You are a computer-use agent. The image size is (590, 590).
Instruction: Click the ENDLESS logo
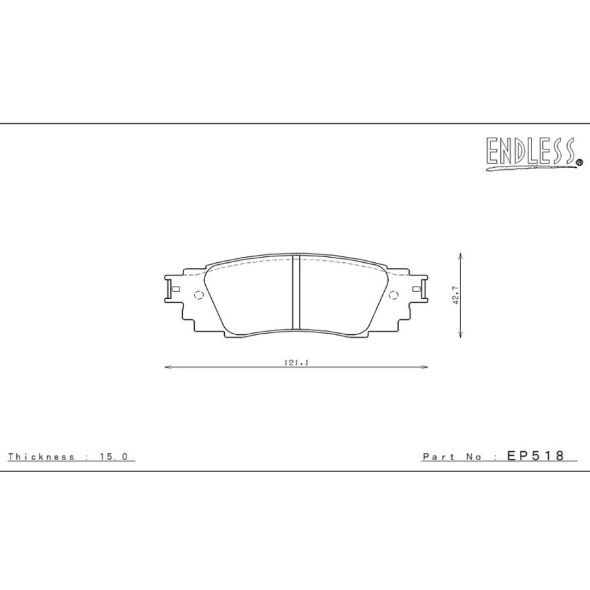[530, 152]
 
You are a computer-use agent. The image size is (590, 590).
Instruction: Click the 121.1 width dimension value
[296, 362]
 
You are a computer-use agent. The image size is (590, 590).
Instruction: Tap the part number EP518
[536, 456]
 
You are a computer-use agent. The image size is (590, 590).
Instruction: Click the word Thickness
[41, 457]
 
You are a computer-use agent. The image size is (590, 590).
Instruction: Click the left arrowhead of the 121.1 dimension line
[166, 368]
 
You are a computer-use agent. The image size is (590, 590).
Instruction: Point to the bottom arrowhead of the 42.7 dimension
[463, 336]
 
